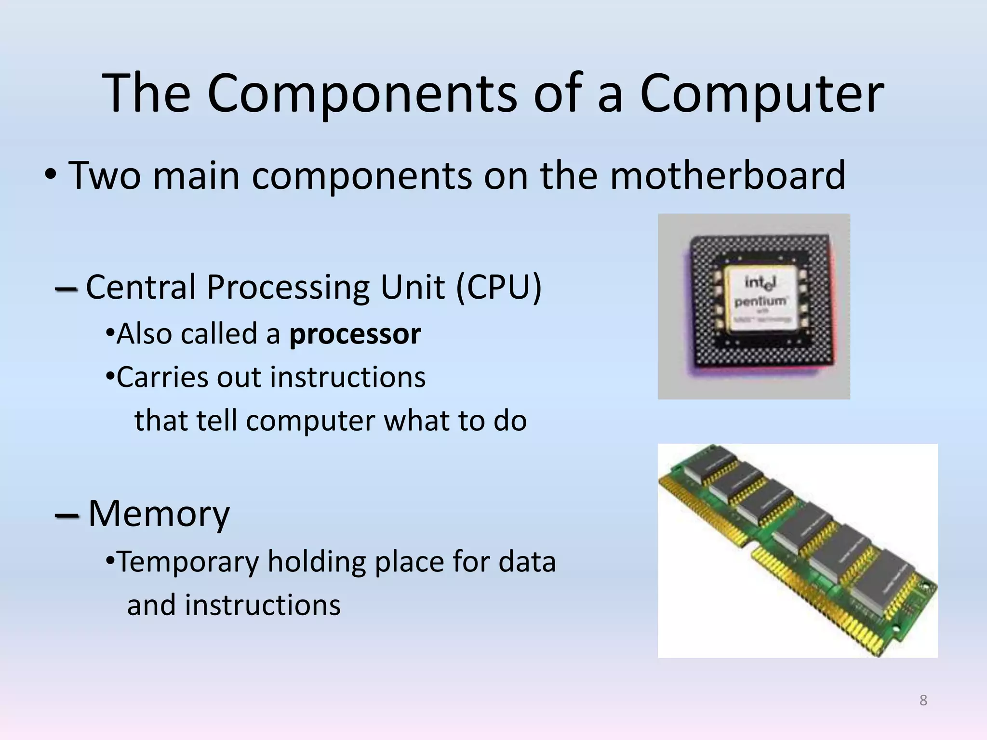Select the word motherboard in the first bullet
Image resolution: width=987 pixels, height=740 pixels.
tap(727, 175)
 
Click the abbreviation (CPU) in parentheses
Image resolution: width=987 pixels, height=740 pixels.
tap(498, 288)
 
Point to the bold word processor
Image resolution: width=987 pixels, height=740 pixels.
tap(355, 334)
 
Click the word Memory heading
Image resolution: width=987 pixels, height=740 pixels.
tap(159, 514)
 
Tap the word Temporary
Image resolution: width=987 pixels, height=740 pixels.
tap(188, 562)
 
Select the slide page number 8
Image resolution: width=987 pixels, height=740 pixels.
tap(923, 700)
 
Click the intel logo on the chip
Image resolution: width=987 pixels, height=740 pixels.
tap(760, 282)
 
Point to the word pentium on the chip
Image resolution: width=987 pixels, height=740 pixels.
tap(760, 302)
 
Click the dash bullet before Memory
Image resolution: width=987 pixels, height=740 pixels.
tap(67, 516)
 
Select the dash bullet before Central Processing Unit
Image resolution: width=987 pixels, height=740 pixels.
tap(66, 289)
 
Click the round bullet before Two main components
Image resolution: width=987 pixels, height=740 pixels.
tap(50, 176)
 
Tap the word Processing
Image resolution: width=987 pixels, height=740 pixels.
tap(289, 288)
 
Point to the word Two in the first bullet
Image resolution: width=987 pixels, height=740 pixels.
tap(105, 175)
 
